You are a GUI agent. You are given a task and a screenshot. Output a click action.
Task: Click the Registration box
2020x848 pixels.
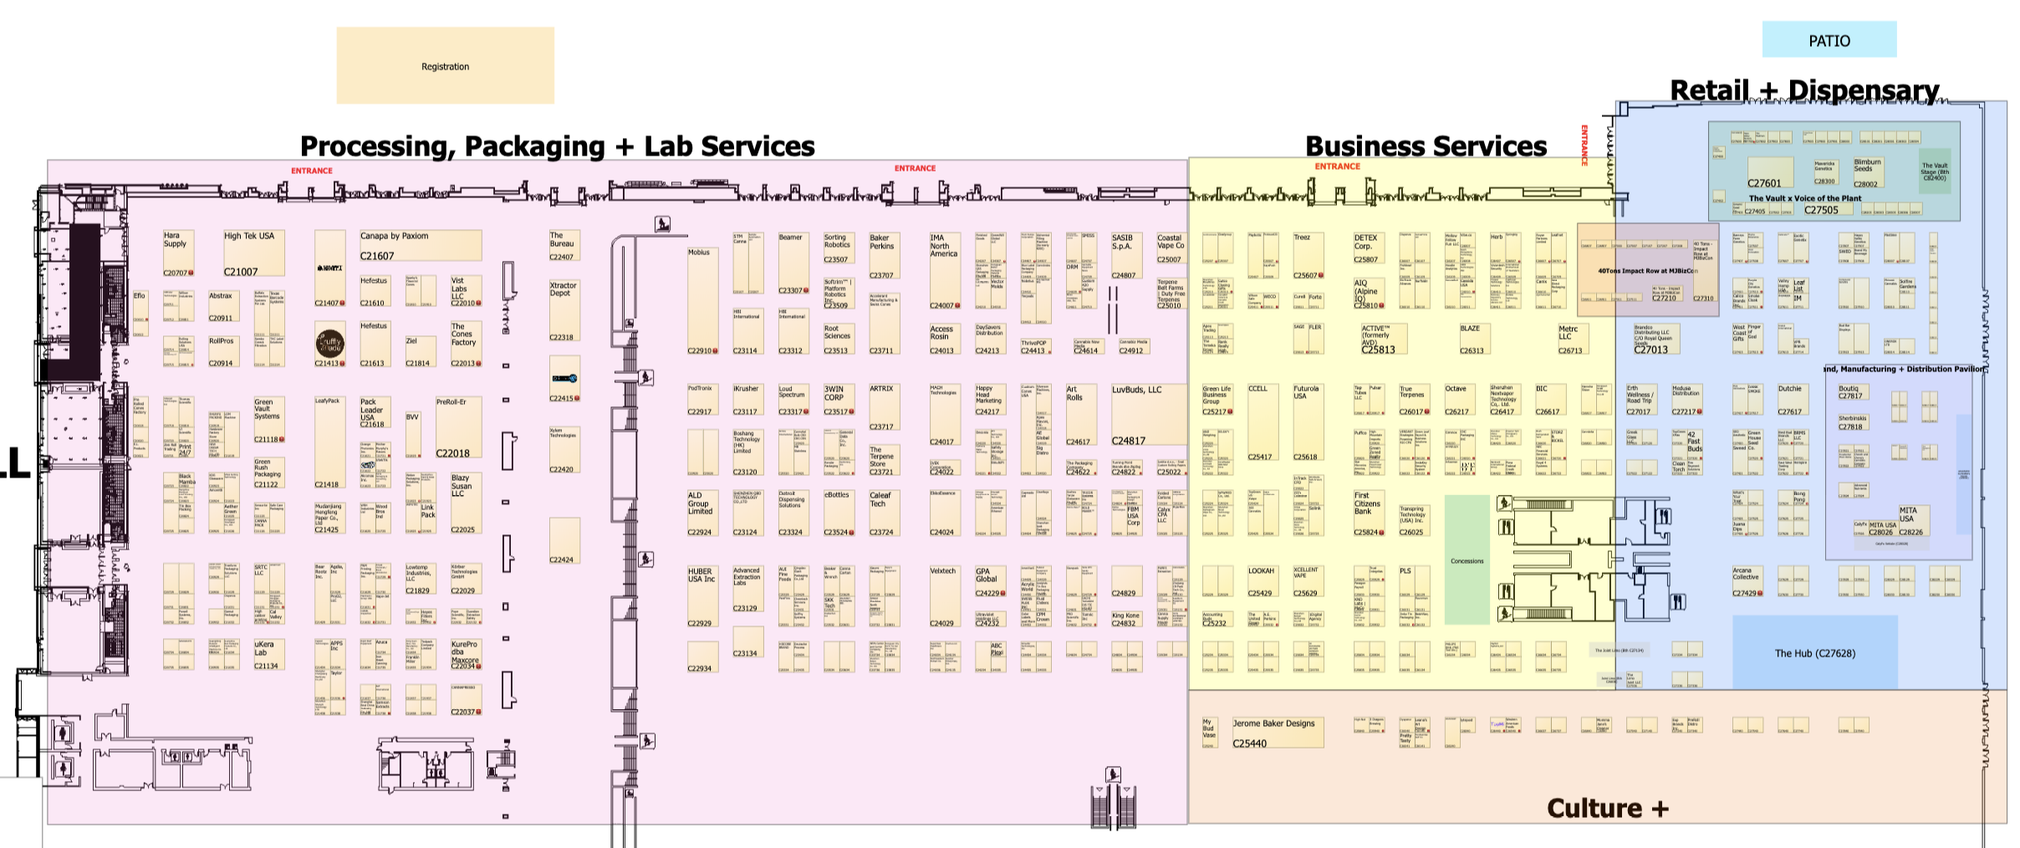coord(445,66)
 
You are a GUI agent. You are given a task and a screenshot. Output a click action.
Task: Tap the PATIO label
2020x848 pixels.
coord(1829,40)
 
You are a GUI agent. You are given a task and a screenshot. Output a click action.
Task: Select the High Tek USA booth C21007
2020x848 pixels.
coord(253,253)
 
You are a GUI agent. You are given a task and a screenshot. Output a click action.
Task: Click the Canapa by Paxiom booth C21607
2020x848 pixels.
coord(421,246)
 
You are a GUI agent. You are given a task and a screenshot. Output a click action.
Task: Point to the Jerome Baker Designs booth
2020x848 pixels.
coord(1278,733)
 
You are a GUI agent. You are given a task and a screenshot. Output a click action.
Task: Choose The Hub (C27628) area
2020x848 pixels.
coord(1814,652)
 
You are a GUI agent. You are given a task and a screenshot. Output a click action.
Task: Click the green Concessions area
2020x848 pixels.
coord(1467,560)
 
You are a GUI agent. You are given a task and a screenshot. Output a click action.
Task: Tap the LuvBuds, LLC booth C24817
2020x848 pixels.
coord(1148,415)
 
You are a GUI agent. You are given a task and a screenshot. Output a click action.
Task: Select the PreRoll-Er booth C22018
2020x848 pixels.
coord(458,427)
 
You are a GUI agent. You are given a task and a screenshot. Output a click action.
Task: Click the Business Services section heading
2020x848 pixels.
coord(1426,146)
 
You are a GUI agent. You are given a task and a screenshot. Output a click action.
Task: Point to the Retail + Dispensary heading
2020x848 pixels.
coord(1803,89)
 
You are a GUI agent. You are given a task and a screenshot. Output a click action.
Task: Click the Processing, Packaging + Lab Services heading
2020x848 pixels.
coord(557,146)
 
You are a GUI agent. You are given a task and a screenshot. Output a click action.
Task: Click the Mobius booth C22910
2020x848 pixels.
coord(702,300)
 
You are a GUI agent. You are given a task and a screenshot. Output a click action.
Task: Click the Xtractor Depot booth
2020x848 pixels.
coord(564,311)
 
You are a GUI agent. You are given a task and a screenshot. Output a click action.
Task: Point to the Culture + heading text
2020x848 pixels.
coord(1607,808)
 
